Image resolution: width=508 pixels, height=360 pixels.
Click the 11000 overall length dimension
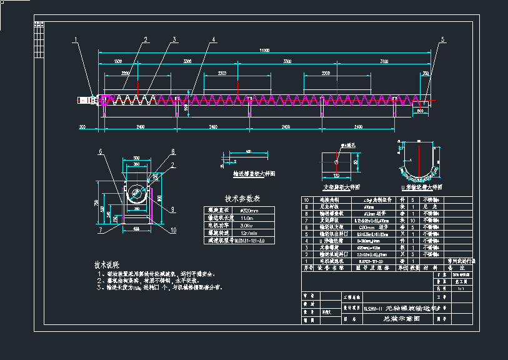(x=264, y=50)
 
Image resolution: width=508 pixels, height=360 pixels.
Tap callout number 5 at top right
(x=443, y=40)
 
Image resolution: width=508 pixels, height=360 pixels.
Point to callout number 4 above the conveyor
(x=213, y=40)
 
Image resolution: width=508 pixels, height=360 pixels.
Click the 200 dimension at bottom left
(x=82, y=127)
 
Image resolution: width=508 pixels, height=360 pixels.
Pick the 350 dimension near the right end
(x=426, y=74)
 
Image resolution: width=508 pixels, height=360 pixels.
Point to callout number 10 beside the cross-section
(x=173, y=230)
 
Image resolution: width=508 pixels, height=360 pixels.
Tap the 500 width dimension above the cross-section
(x=137, y=158)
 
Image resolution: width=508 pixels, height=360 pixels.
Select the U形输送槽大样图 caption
(x=422, y=187)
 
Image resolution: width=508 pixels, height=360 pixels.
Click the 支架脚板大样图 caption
(x=341, y=187)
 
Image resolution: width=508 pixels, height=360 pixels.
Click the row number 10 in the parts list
(x=306, y=201)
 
